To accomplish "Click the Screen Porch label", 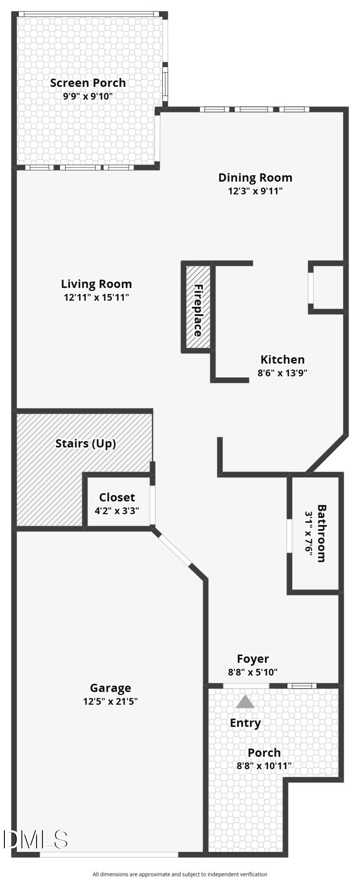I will point(88,83).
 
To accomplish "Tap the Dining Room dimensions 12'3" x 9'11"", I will point(255,191).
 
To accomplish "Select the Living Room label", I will point(96,284).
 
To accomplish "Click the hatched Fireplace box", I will point(198,308).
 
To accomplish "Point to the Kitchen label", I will point(282,359).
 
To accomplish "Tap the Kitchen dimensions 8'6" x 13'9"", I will point(282,373).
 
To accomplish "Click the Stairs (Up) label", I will point(86,443).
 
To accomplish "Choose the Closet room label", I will point(117,497).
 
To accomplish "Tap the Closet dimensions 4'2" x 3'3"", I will point(117,511).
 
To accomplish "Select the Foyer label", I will point(253,659).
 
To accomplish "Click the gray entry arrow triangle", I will point(245,702).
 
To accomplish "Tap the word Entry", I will point(245,723).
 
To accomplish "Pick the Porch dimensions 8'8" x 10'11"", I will point(264,766).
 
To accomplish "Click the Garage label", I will point(110,688).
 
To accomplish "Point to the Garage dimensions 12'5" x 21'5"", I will point(110,701).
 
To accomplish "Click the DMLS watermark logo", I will point(35,840).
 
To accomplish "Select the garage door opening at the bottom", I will point(109,854).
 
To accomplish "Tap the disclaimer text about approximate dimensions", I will point(180,874).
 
